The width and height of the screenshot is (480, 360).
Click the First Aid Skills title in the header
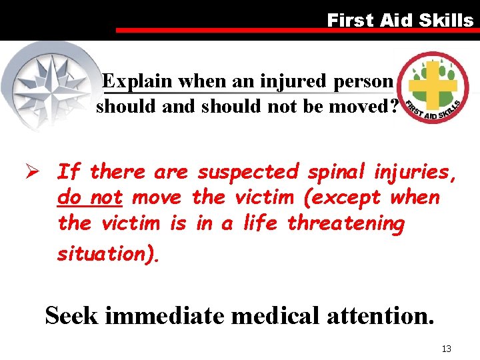point(399,20)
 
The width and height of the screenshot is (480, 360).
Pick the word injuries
point(418,172)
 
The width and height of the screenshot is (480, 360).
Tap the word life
point(261,224)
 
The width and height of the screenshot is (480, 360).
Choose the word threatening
point(345,224)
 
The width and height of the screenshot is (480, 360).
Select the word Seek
point(72,315)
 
